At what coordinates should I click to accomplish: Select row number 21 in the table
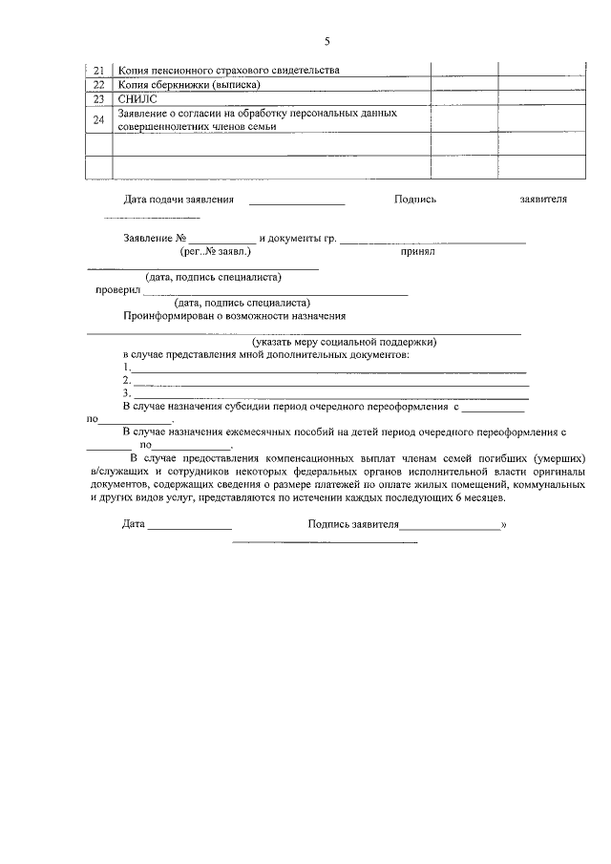click(99, 71)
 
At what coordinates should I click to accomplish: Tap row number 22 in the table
click(99, 84)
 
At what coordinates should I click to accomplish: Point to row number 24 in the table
click(99, 119)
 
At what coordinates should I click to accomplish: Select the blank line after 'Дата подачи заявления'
click(297, 203)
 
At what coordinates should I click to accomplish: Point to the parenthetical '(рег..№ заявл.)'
click(215, 253)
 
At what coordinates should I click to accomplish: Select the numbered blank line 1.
click(328, 369)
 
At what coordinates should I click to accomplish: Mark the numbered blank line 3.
click(330, 395)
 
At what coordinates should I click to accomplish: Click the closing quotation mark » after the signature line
click(503, 524)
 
